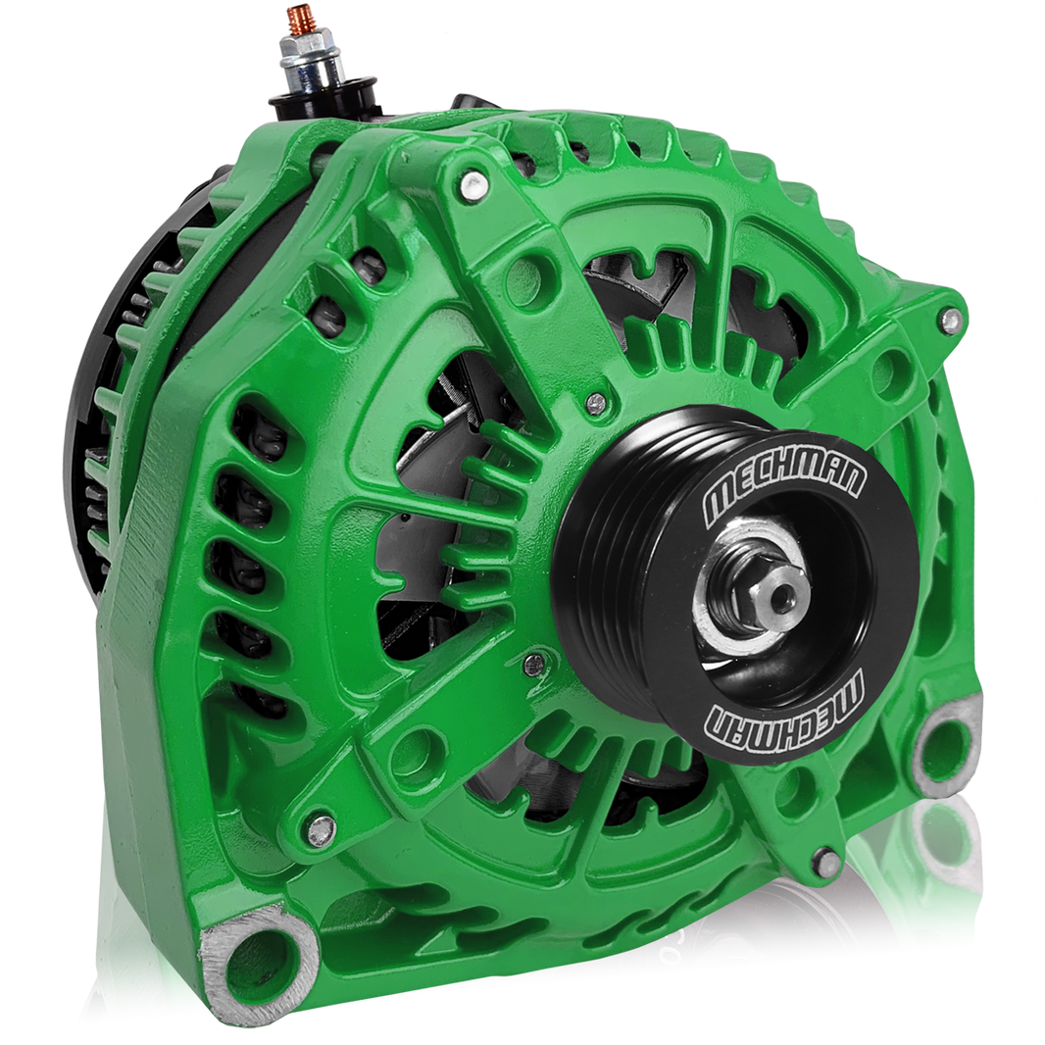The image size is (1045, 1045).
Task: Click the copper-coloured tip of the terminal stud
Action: point(293,17)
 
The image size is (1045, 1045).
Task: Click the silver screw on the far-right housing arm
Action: point(948,318)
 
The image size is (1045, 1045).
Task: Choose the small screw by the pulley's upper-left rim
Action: point(595,403)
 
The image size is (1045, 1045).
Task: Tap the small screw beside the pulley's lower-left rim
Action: point(533,666)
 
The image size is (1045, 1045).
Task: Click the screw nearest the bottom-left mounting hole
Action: point(321,829)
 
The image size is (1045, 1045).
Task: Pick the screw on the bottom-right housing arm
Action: point(827,862)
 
